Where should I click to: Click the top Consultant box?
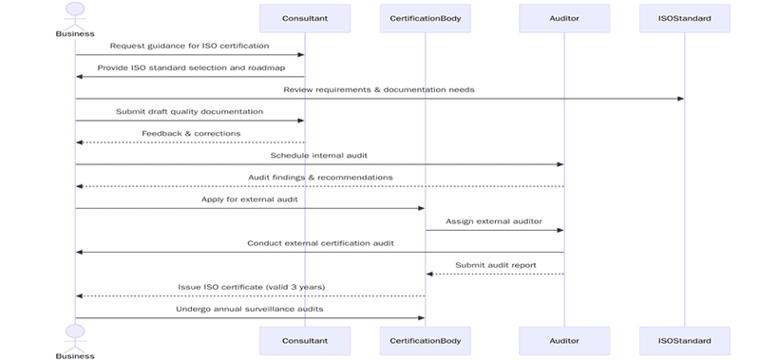(x=305, y=18)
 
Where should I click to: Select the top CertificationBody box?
(x=425, y=18)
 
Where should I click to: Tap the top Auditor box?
(x=564, y=18)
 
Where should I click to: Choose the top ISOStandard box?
(x=685, y=18)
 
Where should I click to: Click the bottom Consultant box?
(x=305, y=339)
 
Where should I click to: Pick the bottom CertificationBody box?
(x=425, y=339)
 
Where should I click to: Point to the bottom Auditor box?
(x=564, y=339)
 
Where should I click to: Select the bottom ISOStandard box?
(x=685, y=339)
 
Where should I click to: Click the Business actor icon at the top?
(x=75, y=13)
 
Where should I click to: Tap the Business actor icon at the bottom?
(x=75, y=334)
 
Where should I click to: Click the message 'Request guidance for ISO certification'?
(x=189, y=46)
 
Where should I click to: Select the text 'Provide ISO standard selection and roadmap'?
(x=189, y=67)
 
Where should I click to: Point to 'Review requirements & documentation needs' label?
(x=379, y=89)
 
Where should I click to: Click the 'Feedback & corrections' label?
(x=191, y=133)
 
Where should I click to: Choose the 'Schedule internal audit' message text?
(x=319, y=155)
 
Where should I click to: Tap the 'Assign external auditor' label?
(x=494, y=220)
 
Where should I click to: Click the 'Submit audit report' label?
(x=495, y=265)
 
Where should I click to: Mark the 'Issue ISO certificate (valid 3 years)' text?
(x=250, y=287)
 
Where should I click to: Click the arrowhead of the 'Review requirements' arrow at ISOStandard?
(x=680, y=99)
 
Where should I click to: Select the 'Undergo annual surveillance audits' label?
(x=250, y=309)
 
